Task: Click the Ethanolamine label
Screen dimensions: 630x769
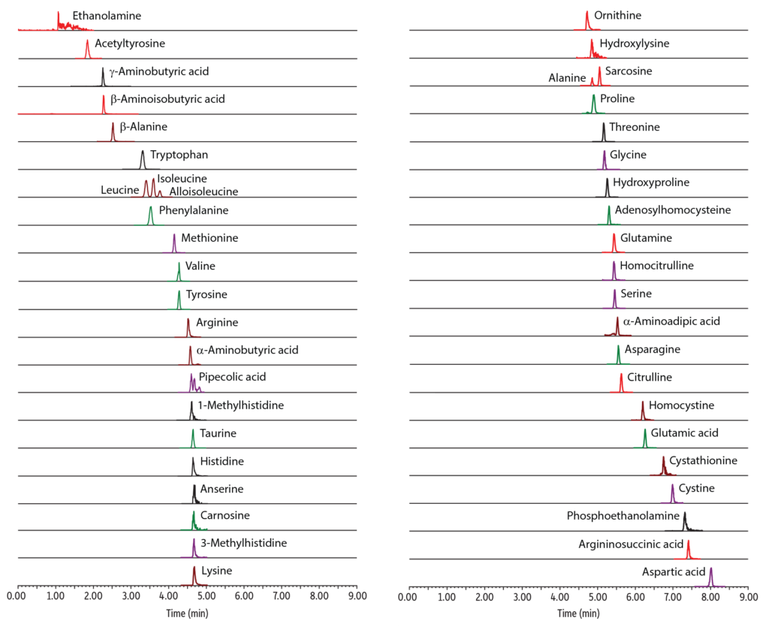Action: [107, 16]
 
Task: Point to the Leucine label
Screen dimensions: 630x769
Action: [119, 191]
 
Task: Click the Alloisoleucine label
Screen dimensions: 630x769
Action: [204, 191]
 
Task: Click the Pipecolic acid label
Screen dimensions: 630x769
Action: [232, 377]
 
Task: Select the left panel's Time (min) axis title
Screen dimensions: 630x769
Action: [188, 613]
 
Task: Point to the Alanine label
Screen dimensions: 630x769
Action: [567, 78]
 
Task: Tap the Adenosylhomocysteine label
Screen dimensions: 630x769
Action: [672, 210]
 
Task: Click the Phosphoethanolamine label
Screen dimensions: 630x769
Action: [623, 516]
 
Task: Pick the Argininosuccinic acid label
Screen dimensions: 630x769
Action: [631, 544]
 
